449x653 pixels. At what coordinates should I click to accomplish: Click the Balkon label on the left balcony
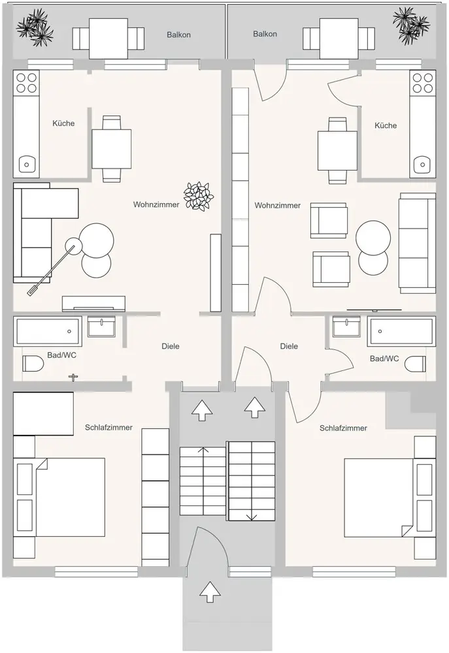178,35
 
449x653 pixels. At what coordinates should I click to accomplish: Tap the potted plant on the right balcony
410,23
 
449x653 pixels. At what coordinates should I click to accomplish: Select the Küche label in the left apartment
63,123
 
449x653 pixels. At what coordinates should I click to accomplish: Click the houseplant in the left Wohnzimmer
199,195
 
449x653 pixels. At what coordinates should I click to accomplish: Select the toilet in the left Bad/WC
33,364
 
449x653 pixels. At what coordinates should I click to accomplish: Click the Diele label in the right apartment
289,346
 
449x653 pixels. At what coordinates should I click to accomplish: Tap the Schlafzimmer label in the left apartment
108,428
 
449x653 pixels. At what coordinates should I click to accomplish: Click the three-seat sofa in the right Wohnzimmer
416,242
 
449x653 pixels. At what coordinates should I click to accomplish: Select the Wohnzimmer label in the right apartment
278,205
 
